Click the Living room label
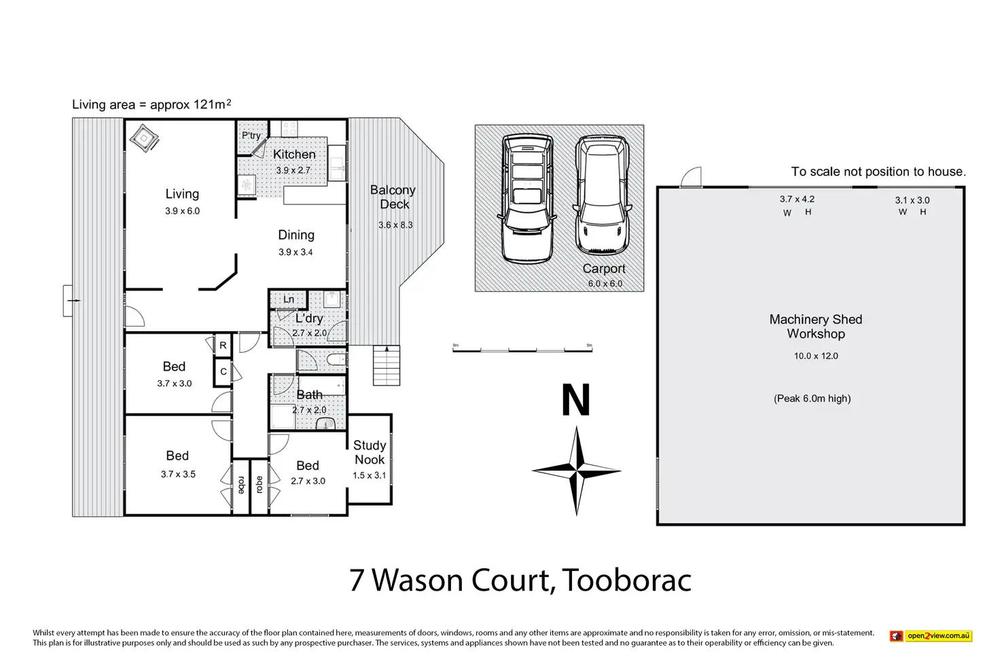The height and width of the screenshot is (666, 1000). pyautogui.click(x=182, y=193)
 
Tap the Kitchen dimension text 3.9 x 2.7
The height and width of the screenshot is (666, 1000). pyautogui.click(x=293, y=170)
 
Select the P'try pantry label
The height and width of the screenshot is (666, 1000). pyautogui.click(x=251, y=135)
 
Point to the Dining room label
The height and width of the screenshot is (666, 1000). pyautogui.click(x=296, y=235)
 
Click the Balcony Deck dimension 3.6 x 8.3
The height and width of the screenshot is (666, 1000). pyautogui.click(x=395, y=225)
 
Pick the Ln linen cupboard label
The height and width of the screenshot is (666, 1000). pyautogui.click(x=289, y=299)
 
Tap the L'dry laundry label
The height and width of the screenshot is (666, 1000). pyautogui.click(x=309, y=318)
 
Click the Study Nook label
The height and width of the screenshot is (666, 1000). pyautogui.click(x=370, y=452)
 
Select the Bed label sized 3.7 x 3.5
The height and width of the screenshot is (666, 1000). pyautogui.click(x=177, y=456)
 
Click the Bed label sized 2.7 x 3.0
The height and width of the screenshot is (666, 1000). pyautogui.click(x=308, y=465)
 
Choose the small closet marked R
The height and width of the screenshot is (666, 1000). pyautogui.click(x=223, y=346)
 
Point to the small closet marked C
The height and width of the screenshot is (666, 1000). pyautogui.click(x=224, y=371)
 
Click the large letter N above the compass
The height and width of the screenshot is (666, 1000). pyautogui.click(x=576, y=400)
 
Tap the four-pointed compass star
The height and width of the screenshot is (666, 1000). pyautogui.click(x=576, y=470)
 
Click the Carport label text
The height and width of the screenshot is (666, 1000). pyautogui.click(x=603, y=269)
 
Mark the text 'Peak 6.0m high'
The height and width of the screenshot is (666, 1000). pyautogui.click(x=812, y=399)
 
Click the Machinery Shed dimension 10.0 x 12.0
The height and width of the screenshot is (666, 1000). pyautogui.click(x=816, y=356)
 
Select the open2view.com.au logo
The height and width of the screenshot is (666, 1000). pyautogui.click(x=931, y=635)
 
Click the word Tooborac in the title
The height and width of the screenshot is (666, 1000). pyautogui.click(x=627, y=580)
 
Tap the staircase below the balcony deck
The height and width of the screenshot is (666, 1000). pyautogui.click(x=387, y=365)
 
